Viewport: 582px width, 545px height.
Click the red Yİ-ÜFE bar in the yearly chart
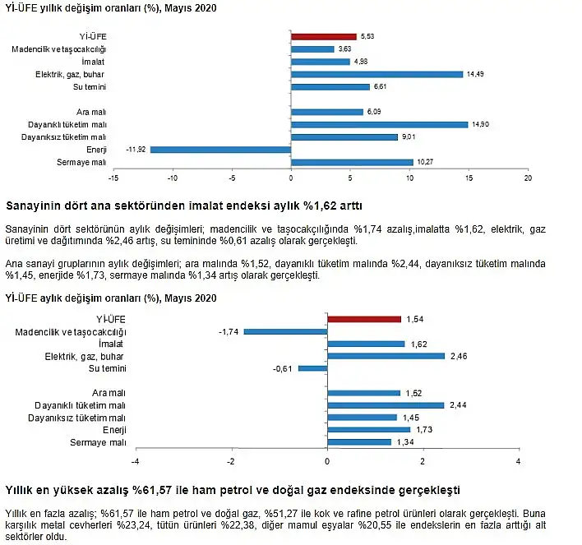[x=324, y=36]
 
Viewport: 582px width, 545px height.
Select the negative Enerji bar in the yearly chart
[x=221, y=150]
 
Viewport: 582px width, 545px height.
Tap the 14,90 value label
[x=480, y=124]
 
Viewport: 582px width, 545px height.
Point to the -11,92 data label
[x=136, y=150]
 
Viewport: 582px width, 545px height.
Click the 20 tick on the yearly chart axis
[x=528, y=178]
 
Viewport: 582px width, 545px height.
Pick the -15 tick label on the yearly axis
[x=113, y=178]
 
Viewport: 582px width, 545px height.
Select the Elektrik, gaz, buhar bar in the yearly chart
[x=377, y=74]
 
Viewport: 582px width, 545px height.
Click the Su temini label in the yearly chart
[x=90, y=87]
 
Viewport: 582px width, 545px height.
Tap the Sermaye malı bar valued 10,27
[x=353, y=162]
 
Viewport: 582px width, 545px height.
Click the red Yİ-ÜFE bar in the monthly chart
[x=364, y=319]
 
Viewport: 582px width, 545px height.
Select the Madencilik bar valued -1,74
[x=286, y=331]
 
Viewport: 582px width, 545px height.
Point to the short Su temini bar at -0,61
[x=313, y=368]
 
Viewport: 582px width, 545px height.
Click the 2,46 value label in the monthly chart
[x=459, y=357]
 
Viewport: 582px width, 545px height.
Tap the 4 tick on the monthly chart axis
[x=519, y=461]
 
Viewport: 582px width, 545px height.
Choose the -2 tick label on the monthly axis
[x=231, y=461]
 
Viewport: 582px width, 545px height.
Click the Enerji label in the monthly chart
[x=114, y=430]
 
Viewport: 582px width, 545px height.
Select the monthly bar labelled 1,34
[x=359, y=441]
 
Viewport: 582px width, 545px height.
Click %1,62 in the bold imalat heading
[x=320, y=206]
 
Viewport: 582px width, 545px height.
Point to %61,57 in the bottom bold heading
[x=152, y=491]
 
